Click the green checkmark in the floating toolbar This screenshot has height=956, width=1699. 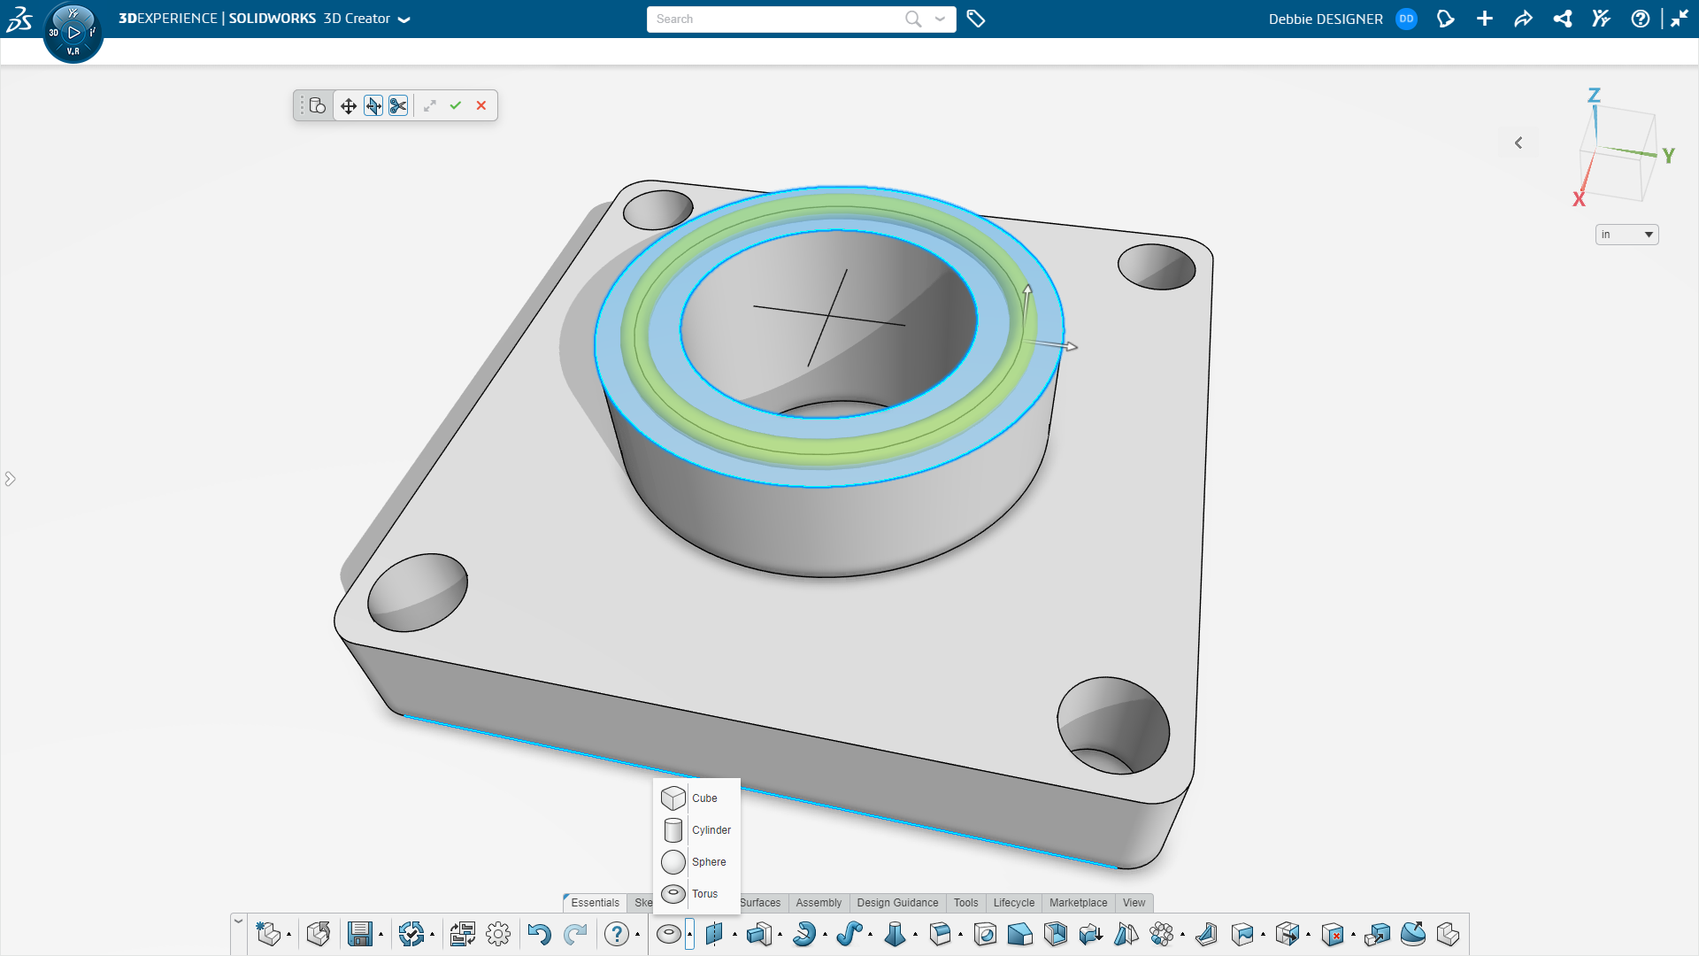click(x=456, y=105)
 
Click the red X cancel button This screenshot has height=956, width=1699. click(x=481, y=105)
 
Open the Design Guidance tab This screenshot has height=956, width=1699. click(x=897, y=903)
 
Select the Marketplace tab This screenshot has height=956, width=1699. click(x=1078, y=903)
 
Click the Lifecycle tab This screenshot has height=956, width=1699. click(x=1013, y=903)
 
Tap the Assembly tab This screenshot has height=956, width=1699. click(x=819, y=903)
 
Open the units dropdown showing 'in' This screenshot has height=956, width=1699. click(x=1626, y=235)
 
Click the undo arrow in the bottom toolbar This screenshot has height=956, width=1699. click(x=539, y=934)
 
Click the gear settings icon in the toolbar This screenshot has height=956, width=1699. click(x=498, y=934)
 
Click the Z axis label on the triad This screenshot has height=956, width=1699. click(x=1594, y=95)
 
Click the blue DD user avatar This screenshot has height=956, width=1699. click(x=1406, y=19)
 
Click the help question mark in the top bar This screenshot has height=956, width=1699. click(x=1640, y=19)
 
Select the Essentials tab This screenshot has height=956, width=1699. click(x=595, y=903)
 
